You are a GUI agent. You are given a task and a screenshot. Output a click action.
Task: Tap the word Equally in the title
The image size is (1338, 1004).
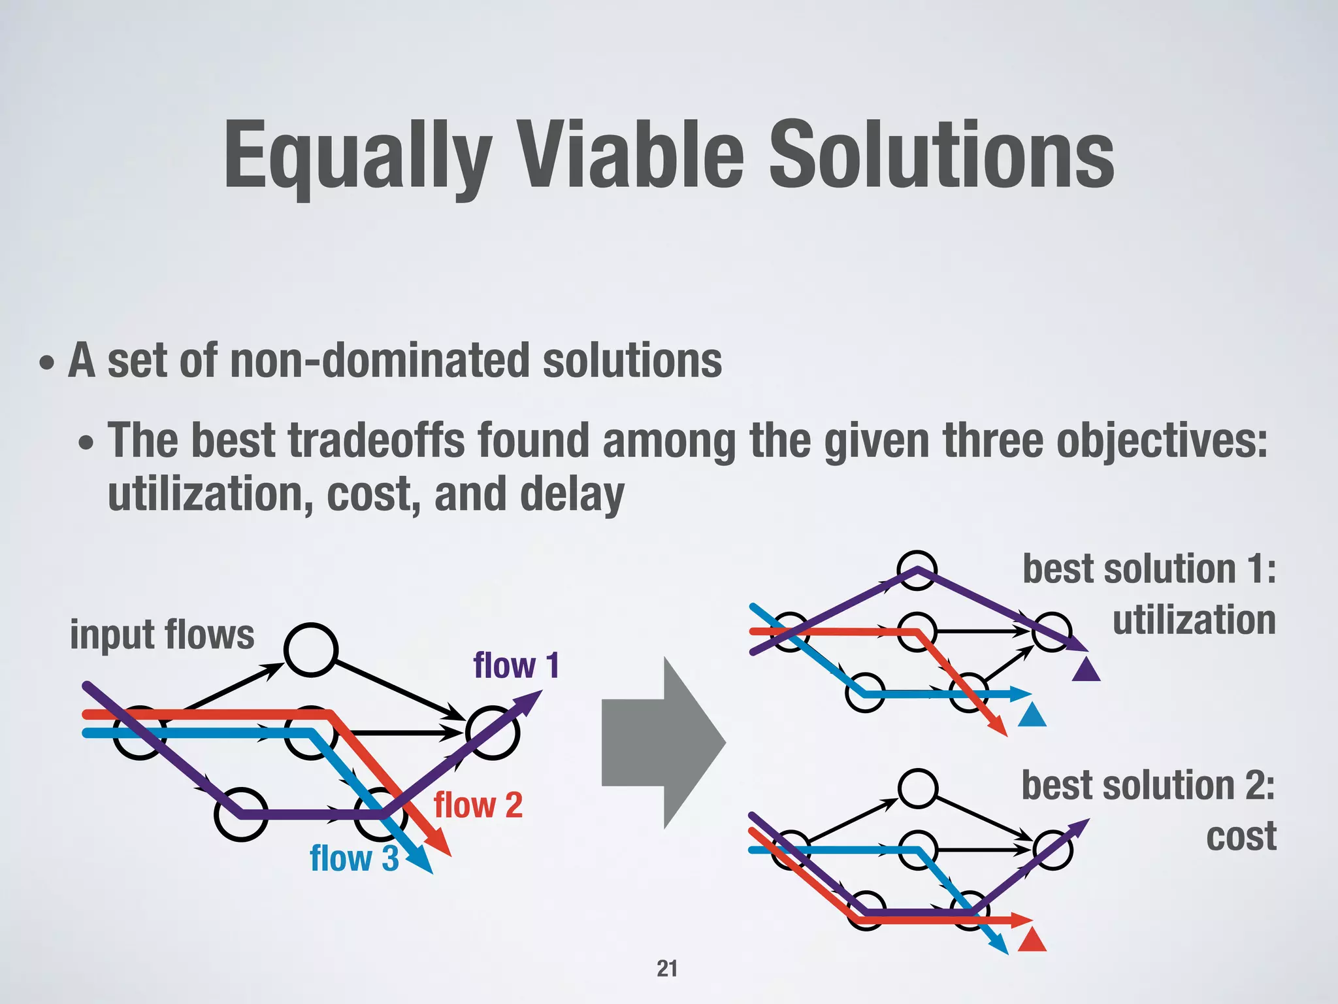point(357,157)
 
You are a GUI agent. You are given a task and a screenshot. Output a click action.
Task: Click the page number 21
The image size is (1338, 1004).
point(667,968)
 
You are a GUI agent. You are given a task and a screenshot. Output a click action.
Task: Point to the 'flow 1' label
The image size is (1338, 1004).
point(516,666)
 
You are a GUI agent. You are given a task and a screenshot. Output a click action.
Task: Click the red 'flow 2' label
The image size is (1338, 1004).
point(478,805)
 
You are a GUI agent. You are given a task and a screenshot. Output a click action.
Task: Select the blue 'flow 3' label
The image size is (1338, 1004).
point(354,858)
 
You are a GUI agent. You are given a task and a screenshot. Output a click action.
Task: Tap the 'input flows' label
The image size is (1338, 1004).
point(162,635)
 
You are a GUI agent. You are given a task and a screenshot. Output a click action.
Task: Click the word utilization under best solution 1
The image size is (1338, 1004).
point(1194,620)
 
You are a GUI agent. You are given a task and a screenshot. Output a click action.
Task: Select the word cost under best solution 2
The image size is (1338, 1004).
point(1241,837)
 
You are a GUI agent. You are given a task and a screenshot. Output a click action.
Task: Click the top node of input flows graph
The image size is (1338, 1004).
point(311,650)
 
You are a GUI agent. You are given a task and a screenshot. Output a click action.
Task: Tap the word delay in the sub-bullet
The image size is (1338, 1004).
point(572,495)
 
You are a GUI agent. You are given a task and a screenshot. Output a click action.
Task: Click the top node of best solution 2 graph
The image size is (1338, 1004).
point(918,788)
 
